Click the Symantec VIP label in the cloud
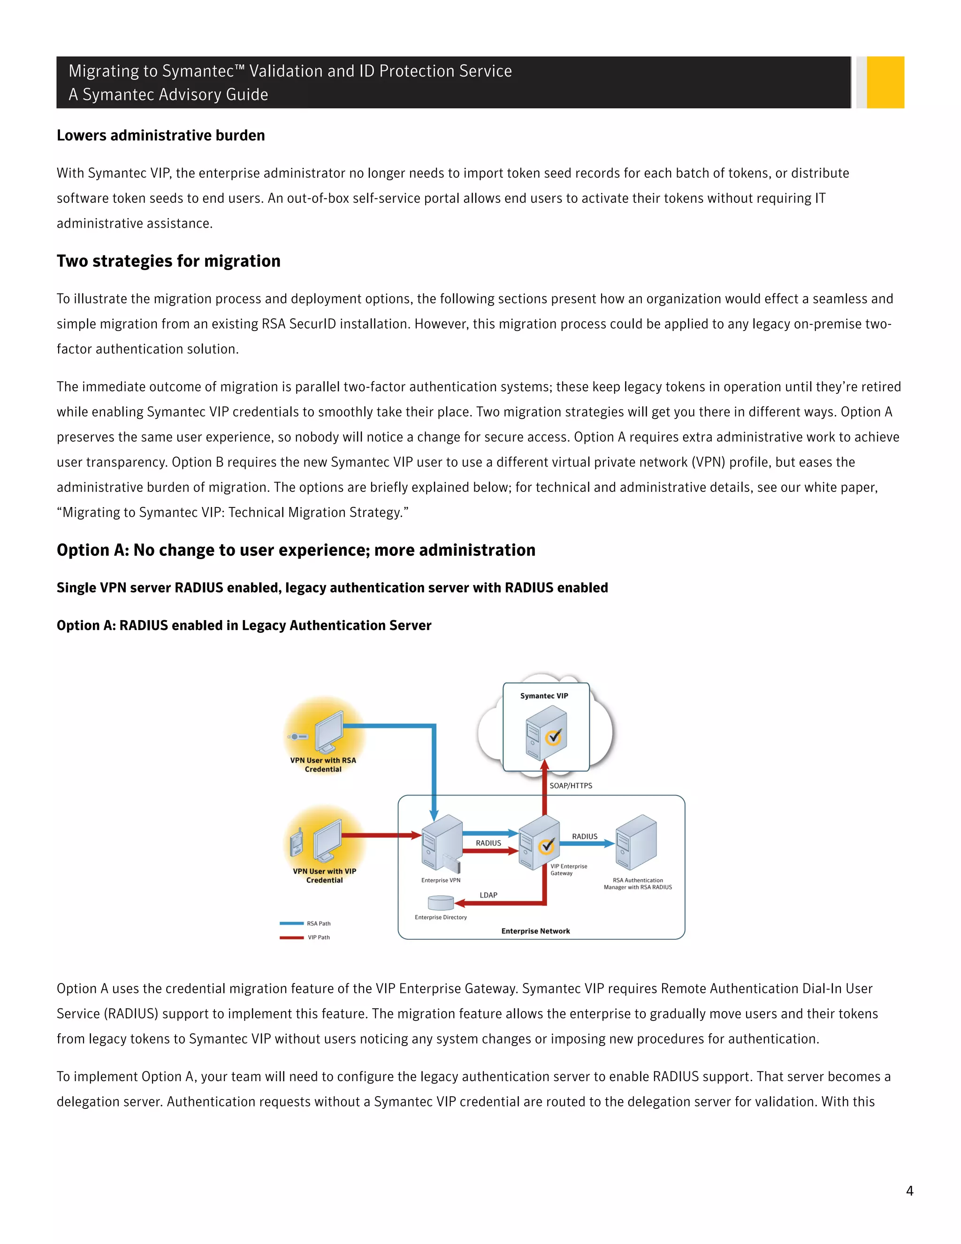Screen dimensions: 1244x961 pyautogui.click(x=544, y=696)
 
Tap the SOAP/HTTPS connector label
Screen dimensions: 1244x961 pyautogui.click(x=571, y=785)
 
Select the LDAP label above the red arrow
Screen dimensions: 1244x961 pyautogui.click(x=488, y=895)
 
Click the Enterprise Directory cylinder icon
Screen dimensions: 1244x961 pyautogui.click(x=441, y=902)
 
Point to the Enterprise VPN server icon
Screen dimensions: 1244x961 pyautogui.click(x=441, y=843)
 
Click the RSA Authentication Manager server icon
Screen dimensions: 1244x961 pyautogui.click(x=636, y=843)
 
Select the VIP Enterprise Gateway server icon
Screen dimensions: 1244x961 pyautogui.click(x=539, y=843)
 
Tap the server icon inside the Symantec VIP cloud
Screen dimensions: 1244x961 pyautogui.click(x=545, y=733)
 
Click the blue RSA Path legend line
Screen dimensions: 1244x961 pyautogui.click(x=291, y=923)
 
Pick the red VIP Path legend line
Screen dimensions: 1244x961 pyautogui.click(x=291, y=937)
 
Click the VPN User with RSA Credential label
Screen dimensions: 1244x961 pyautogui.click(x=323, y=764)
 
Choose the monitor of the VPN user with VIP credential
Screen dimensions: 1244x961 pyautogui.click(x=328, y=840)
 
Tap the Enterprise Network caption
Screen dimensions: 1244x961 pyautogui.click(x=535, y=931)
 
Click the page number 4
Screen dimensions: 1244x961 pyautogui.click(x=909, y=1190)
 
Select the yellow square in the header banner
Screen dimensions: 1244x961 pyautogui.click(x=885, y=82)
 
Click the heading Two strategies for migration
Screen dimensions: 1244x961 pyautogui.click(x=168, y=261)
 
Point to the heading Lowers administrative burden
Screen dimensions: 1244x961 pyautogui.click(x=160, y=136)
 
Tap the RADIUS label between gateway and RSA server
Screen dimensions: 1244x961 pyautogui.click(x=585, y=836)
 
